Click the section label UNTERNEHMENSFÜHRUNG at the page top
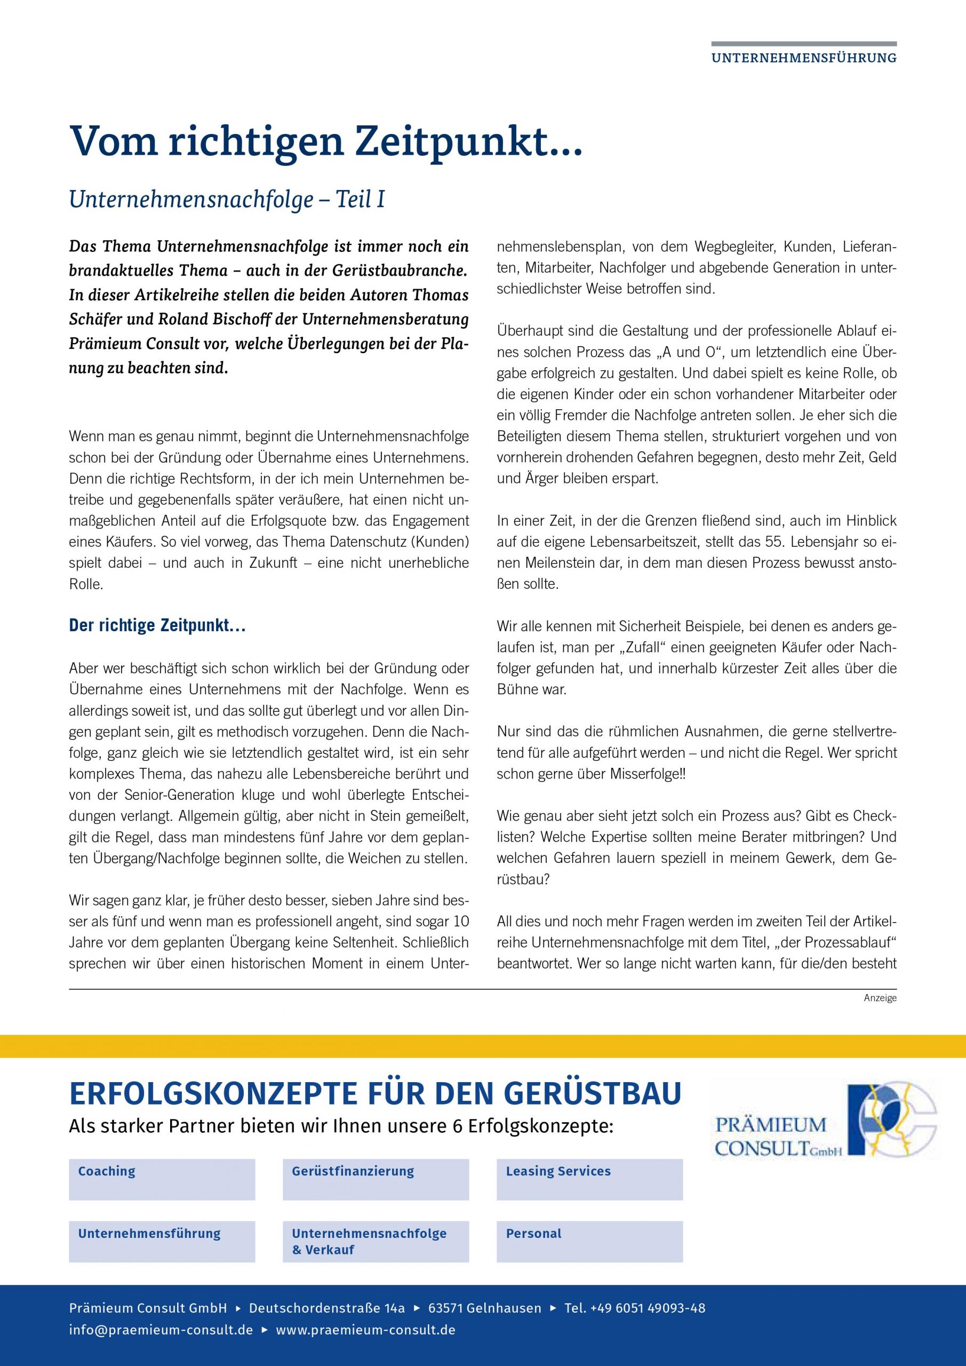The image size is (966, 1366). [x=804, y=58]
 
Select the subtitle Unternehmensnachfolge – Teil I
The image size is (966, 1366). [x=227, y=200]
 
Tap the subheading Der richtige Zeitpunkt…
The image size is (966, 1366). [x=158, y=626]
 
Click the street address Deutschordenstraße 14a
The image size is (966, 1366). [x=326, y=1308]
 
